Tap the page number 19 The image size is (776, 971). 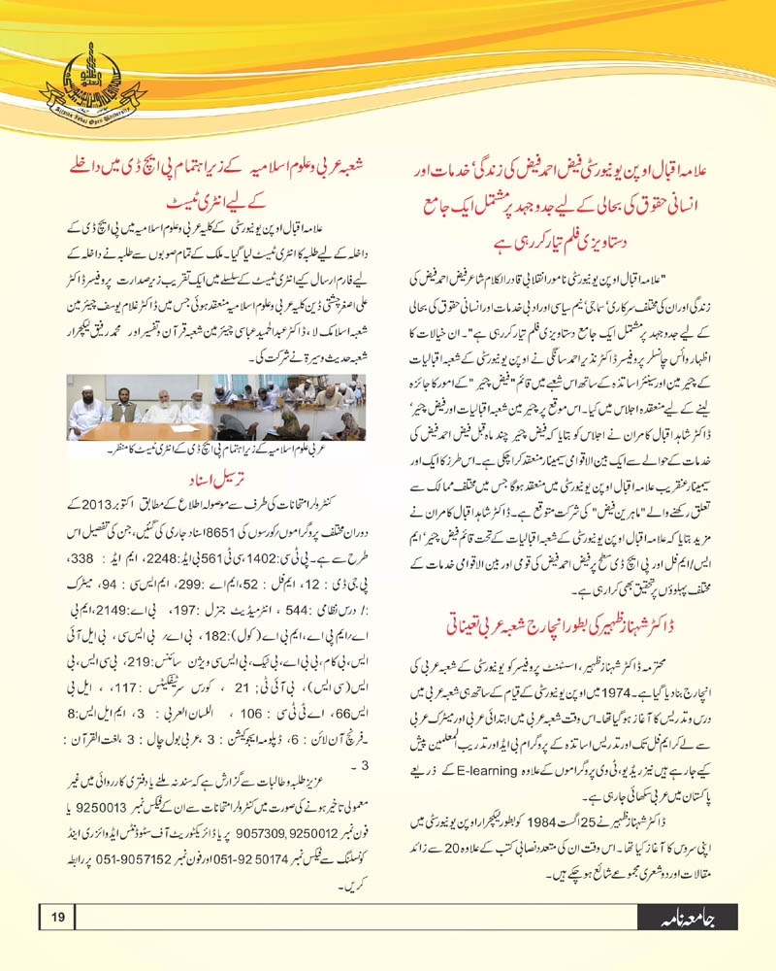57,918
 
